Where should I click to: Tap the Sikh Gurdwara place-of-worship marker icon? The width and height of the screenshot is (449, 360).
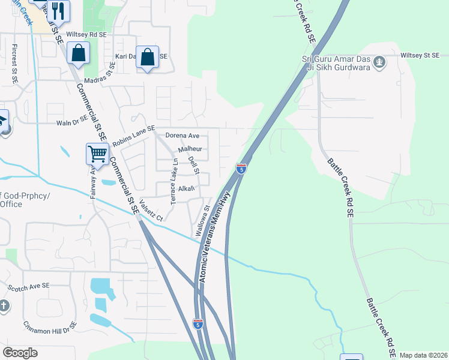pyautogui.click(x=379, y=61)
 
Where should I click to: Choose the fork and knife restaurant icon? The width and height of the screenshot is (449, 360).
pyautogui.click(x=58, y=10)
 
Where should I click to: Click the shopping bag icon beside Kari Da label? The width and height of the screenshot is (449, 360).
pyautogui.click(x=147, y=57)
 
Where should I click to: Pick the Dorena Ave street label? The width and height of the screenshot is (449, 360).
pyautogui.click(x=182, y=136)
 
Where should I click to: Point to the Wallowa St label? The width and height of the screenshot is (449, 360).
pyautogui.click(x=201, y=221)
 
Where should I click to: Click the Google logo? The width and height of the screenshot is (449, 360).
pyautogui.click(x=20, y=353)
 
